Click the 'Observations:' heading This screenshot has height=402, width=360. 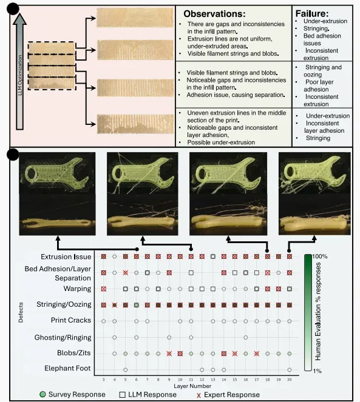tap(214, 13)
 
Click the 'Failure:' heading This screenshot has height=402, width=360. tap(312, 13)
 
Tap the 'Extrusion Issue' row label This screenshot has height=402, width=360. tap(66, 256)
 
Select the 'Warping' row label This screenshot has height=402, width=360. tap(77, 289)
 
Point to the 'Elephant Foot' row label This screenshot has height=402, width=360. tap(67, 368)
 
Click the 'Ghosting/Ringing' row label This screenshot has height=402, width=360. tap(63, 337)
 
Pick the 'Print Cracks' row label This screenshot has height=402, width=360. tap(71, 320)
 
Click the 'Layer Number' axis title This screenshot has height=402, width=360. tap(192, 386)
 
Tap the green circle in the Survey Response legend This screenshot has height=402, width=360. tap(43, 394)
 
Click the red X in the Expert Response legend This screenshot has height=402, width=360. tap(199, 395)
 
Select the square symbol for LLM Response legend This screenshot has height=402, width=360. tap(123, 395)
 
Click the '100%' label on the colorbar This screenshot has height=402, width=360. tap(320, 256)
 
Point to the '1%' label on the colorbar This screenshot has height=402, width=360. tap(317, 370)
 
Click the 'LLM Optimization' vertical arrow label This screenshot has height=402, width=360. tap(20, 75)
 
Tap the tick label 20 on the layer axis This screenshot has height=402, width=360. tap(290, 380)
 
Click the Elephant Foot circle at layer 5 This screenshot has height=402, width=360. tap(125, 370)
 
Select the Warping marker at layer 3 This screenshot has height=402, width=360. tap(103, 289)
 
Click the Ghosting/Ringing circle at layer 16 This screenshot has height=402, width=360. tap(246, 337)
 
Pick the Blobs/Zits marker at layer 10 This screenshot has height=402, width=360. tap(180, 353)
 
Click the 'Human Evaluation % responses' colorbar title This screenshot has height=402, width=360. tap(318, 311)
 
